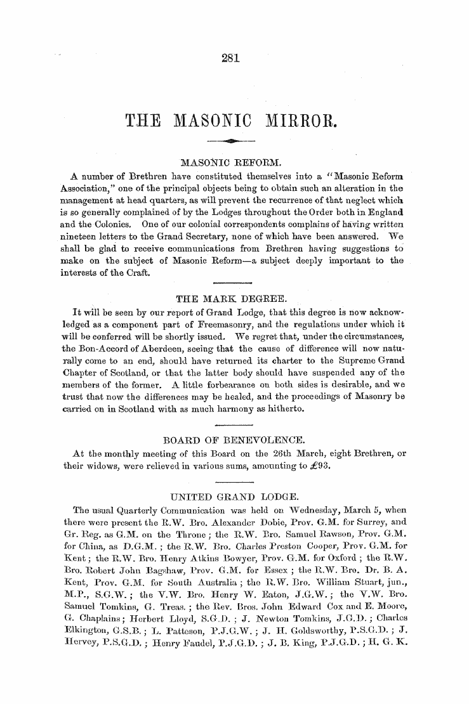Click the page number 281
[230, 59]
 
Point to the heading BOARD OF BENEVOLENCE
[234, 439]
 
